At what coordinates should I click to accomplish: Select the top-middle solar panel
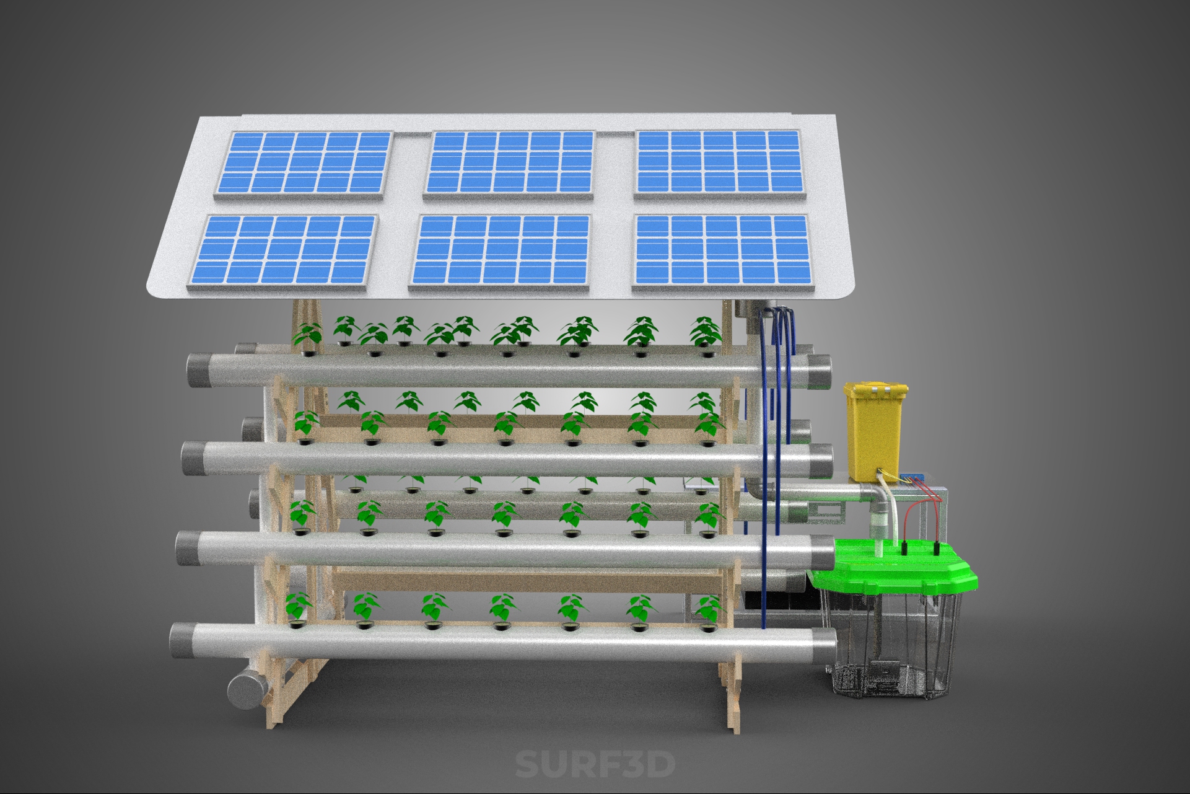(509, 165)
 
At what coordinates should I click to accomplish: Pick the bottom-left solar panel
(282, 251)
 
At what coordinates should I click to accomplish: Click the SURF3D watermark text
(595, 764)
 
